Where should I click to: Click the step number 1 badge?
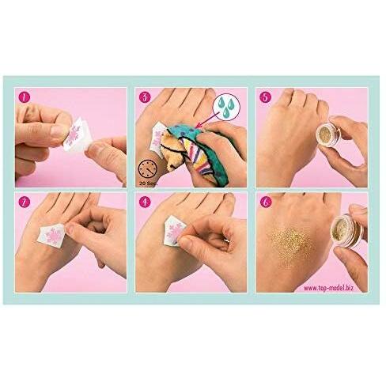point(25,97)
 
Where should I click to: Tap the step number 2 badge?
point(25,202)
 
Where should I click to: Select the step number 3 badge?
point(145,97)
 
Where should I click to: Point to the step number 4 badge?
point(145,202)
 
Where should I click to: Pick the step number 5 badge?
point(265,97)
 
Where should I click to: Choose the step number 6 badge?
point(265,202)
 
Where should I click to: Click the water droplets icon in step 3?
point(226,107)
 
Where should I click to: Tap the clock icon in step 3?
point(148,169)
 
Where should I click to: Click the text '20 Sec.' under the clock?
point(148,183)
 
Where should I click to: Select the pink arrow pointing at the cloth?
point(209,119)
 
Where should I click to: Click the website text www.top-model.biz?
point(328,288)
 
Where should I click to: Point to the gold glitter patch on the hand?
point(292,244)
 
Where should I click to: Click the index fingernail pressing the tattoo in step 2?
point(70,229)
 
